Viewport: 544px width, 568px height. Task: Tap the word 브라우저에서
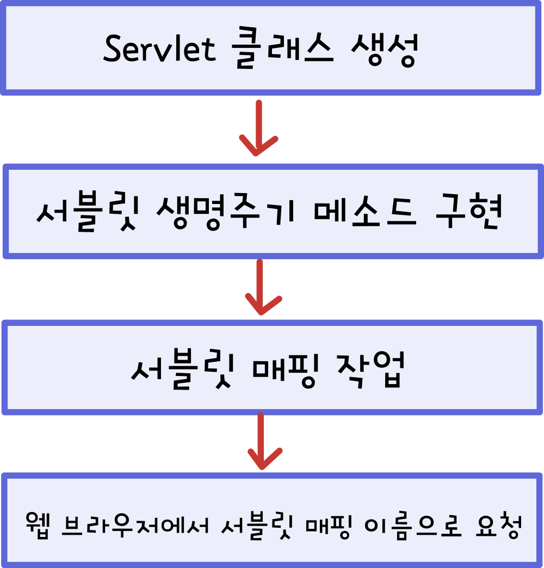pyautogui.click(x=134, y=524)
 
